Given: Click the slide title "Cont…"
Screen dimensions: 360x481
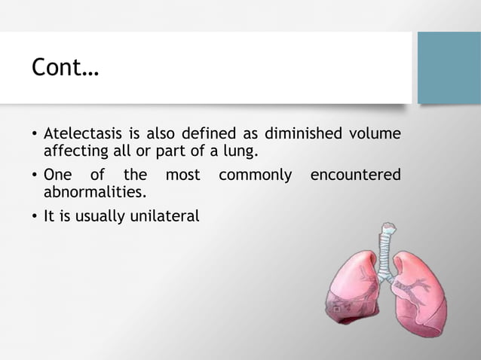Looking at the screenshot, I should coord(65,69).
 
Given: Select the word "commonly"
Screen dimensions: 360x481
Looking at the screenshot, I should coord(254,175).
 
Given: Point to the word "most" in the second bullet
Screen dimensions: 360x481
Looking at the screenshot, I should coord(182,175).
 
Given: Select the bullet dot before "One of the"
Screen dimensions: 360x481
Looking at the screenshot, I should coord(34,176).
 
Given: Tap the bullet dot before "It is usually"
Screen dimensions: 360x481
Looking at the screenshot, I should coord(34,217).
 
